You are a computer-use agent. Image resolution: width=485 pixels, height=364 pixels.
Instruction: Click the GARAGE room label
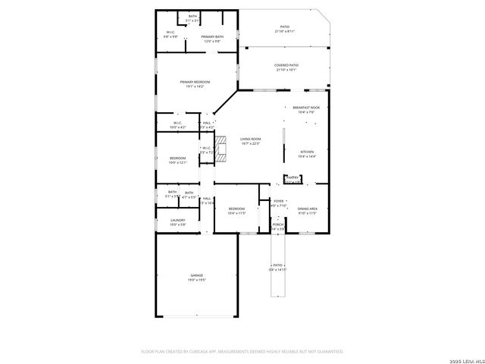coord(196,275)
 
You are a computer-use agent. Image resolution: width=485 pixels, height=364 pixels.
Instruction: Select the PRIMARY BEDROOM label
coord(195,82)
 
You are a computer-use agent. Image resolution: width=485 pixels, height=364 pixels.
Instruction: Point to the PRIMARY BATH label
coord(212,36)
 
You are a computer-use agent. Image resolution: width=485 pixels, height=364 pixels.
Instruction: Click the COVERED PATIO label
coord(286,66)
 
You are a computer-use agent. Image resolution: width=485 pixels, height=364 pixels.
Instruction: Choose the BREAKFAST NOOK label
coord(306,108)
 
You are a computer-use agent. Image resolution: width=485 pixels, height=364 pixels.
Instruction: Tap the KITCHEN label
coord(306,152)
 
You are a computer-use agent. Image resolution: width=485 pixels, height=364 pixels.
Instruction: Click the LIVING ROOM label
coord(251,139)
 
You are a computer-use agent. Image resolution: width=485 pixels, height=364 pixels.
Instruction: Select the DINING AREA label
coord(307,209)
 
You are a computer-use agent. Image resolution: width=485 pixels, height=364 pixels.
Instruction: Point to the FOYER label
coord(278,201)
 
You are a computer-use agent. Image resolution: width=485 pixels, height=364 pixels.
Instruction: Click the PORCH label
coord(278,224)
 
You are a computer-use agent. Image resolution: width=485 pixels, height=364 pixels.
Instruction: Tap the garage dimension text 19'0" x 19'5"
coord(196,281)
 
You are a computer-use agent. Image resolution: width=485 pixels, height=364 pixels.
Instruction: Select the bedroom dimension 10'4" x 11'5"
coord(236,213)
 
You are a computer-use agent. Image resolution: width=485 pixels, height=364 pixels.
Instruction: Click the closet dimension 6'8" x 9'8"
coord(171,36)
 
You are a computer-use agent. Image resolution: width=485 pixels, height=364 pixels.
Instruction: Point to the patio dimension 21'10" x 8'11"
coord(285,31)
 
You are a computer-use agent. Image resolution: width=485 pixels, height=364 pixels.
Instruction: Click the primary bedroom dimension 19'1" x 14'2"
coord(195,86)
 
